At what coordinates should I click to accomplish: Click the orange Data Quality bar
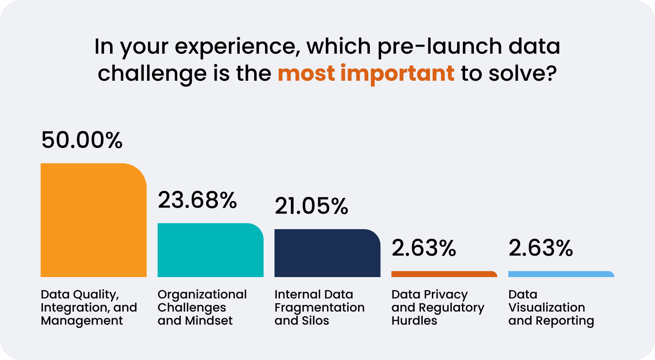tap(93, 220)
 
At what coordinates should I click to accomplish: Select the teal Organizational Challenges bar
tap(210, 250)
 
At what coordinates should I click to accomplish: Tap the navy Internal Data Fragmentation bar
tap(327, 253)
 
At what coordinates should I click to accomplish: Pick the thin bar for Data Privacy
tap(445, 274)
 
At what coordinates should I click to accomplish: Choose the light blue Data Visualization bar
tap(562, 274)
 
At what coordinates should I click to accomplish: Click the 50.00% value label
tap(82, 140)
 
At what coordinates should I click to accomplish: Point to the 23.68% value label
tap(197, 200)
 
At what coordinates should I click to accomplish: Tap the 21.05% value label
tap(311, 206)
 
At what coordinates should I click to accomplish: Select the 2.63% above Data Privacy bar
tap(424, 248)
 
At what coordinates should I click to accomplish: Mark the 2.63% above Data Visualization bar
tap(541, 248)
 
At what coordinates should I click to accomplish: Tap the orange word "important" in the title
tap(397, 74)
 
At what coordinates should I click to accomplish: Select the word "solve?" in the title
tap(523, 73)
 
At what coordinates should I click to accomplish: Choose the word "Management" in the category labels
tap(82, 321)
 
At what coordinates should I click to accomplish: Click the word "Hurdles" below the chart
tap(414, 321)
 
